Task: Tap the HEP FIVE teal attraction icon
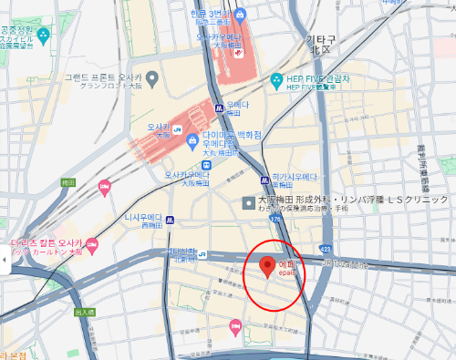pos(277,81)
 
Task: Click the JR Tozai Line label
pos(340,264)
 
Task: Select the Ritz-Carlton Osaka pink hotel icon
pos(91,242)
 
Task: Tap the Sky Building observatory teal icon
pos(43,36)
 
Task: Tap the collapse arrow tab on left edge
pos(4,261)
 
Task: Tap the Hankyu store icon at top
pos(239,15)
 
